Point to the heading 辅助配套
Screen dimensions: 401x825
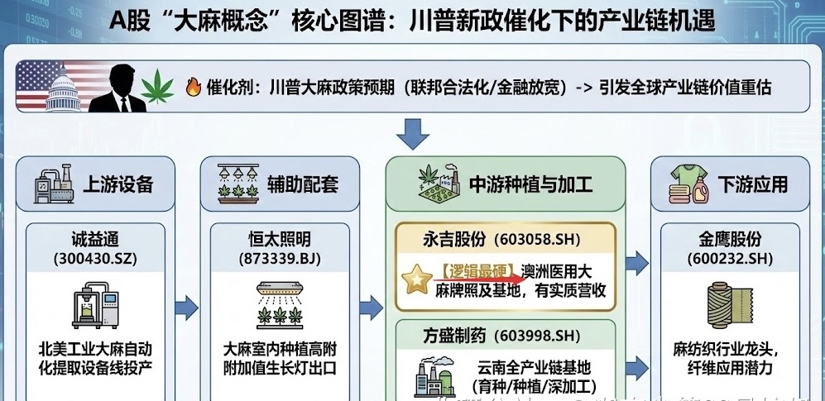(303, 184)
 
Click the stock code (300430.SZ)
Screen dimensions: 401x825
(96, 258)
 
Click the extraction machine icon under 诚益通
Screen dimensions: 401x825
(96, 303)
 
